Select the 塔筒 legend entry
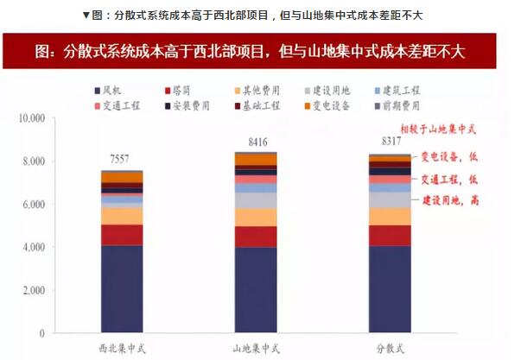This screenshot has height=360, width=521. (182, 90)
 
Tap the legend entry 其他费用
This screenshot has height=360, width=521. (258, 90)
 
